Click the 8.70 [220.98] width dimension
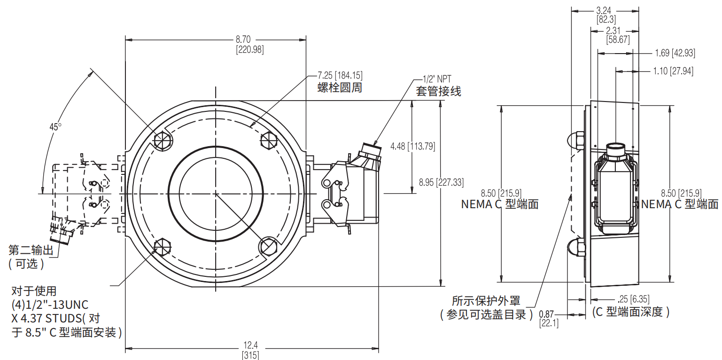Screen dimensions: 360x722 [x=249, y=45]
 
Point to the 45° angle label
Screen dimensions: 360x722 [x=55, y=127]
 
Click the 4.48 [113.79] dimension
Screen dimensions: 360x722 [x=412, y=146]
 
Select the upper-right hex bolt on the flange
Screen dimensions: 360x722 [x=268, y=140]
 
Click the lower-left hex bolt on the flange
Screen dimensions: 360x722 [x=163, y=246]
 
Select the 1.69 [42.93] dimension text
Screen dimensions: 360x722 [x=675, y=53]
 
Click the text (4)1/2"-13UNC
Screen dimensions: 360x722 [x=50, y=304]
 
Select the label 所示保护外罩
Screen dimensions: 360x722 [x=487, y=300]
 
